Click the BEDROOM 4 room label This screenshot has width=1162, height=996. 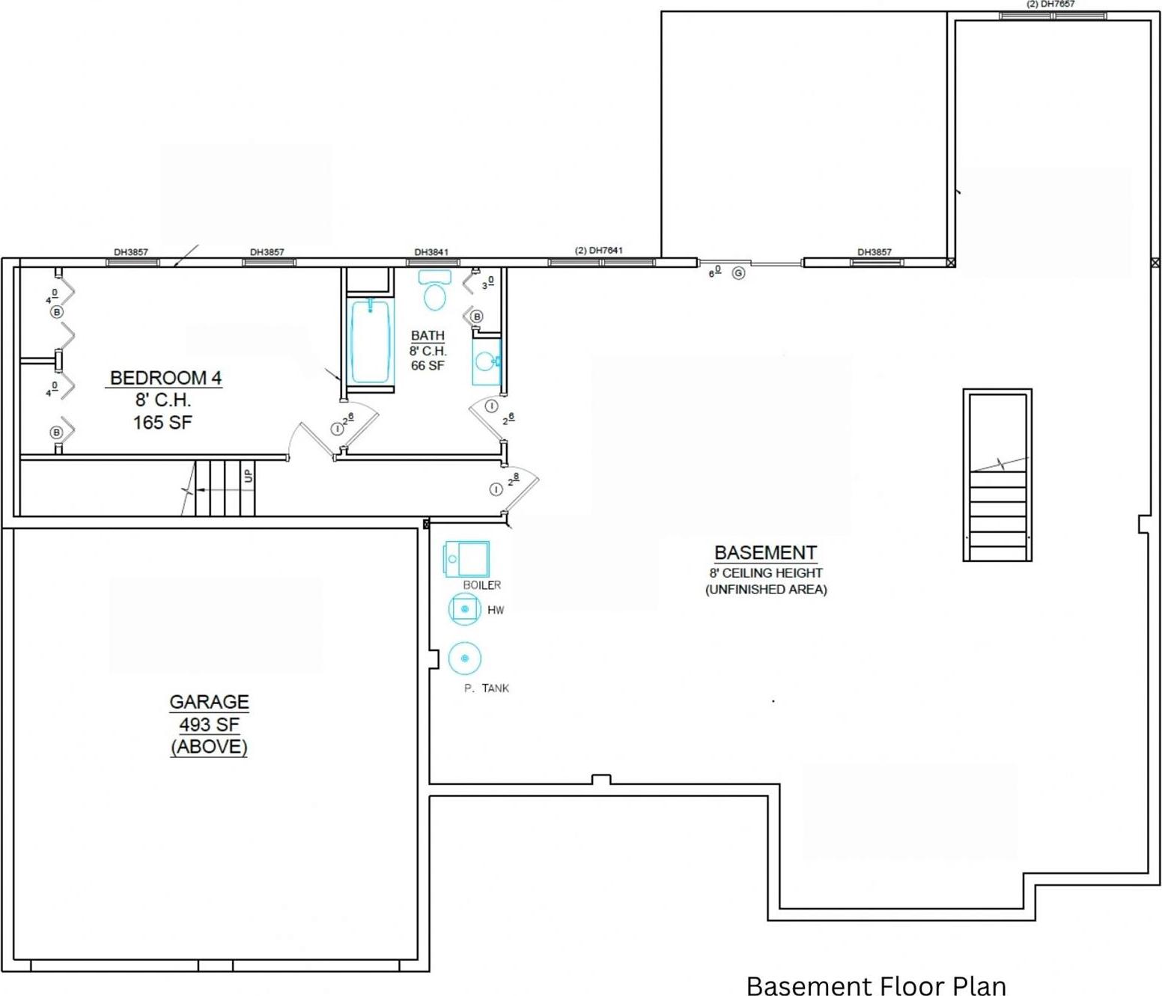pyautogui.click(x=165, y=378)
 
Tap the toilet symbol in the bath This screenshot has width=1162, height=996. pyautogui.click(x=434, y=291)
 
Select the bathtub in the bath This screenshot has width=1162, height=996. pyautogui.click(x=370, y=341)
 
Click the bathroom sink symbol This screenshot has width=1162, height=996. pyautogui.click(x=486, y=362)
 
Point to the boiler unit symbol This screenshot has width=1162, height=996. pyautogui.click(x=467, y=559)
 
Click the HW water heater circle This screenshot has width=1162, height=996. pyautogui.click(x=465, y=609)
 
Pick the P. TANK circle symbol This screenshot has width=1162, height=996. pyautogui.click(x=465, y=659)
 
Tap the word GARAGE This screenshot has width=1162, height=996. pyautogui.click(x=209, y=702)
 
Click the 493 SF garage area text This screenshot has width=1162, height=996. pyautogui.click(x=209, y=724)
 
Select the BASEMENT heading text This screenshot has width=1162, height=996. pyautogui.click(x=765, y=553)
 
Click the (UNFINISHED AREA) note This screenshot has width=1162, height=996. pyautogui.click(x=766, y=590)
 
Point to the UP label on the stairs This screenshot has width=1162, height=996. pyautogui.click(x=249, y=476)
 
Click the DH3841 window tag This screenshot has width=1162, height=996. pyautogui.click(x=432, y=252)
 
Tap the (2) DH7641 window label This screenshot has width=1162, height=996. pyautogui.click(x=599, y=251)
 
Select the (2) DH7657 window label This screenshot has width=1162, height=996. pyautogui.click(x=1050, y=4)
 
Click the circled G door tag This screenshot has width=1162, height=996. pyautogui.click(x=739, y=273)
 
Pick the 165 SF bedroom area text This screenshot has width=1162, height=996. pyautogui.click(x=162, y=423)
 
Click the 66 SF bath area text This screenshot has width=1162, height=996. pyautogui.click(x=428, y=366)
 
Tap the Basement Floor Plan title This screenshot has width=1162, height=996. pyautogui.click(x=876, y=985)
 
